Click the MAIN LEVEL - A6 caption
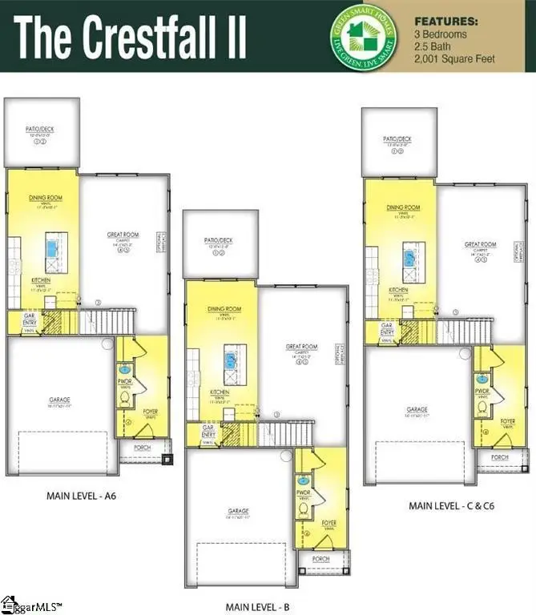(x=82, y=496)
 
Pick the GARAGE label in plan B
(x=238, y=511)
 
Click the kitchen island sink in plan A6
(x=53, y=250)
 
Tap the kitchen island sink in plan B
(x=232, y=359)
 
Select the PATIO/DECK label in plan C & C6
(x=397, y=139)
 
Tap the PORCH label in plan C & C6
(x=500, y=457)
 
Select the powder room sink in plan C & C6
(x=483, y=379)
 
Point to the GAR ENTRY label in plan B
(x=208, y=429)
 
